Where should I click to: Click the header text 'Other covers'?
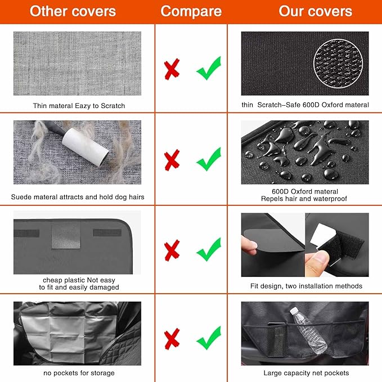[73, 11]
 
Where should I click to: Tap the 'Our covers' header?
[315, 11]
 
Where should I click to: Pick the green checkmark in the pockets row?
[208, 340]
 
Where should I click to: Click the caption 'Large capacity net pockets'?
[306, 373]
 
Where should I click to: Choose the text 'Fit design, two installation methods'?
[306, 286]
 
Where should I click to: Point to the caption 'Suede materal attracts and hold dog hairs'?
[78, 197]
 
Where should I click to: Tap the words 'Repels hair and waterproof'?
[304, 199]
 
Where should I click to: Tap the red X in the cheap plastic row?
[172, 249]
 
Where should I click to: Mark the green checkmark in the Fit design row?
[208, 249]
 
